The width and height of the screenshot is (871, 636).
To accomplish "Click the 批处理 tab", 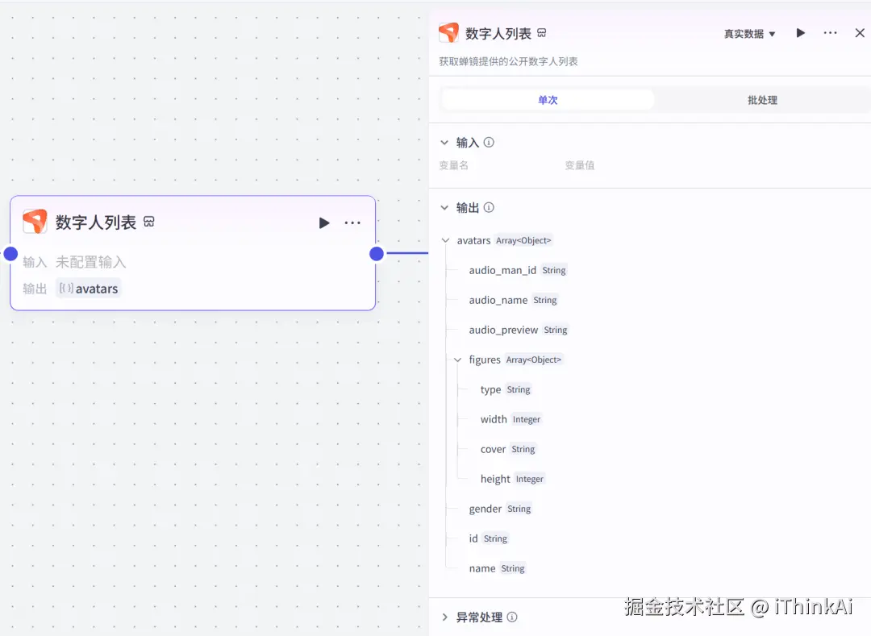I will (762, 100).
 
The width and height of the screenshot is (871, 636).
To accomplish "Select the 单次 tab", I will (548, 100).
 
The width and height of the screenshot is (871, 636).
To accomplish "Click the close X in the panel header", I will (860, 33).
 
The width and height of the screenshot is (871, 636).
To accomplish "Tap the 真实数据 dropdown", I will (749, 34).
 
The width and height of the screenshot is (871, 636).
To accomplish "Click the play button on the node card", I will (324, 222).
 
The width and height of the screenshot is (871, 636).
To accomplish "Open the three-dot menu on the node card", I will (352, 222).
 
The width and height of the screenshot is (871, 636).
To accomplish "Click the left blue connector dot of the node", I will (10, 254).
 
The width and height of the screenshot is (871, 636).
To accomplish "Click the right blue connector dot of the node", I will (377, 254).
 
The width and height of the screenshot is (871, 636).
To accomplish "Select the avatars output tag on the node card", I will (89, 289).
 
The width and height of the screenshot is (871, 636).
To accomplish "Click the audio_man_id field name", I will (502, 270).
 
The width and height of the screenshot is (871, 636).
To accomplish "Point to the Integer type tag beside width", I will (527, 419).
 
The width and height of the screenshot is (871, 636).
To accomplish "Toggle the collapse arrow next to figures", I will (457, 360).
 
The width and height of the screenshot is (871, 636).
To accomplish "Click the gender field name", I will (486, 509).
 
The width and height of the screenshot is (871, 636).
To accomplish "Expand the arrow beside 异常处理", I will (444, 617).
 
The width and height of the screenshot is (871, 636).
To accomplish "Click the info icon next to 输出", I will (489, 208).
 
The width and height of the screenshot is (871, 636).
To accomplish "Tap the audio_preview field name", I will (503, 330).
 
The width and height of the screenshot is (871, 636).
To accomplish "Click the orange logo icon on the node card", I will (35, 222).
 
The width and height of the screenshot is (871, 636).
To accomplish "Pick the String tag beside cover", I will (523, 449).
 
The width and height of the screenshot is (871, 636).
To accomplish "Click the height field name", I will (495, 479).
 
